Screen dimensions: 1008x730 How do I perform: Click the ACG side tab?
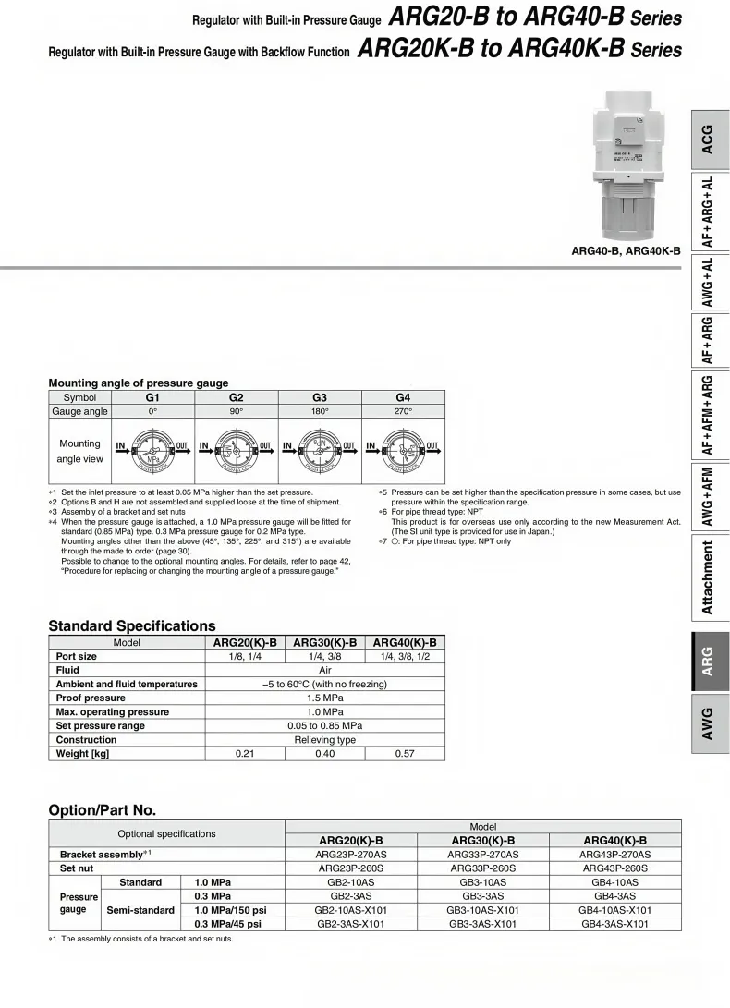(707, 140)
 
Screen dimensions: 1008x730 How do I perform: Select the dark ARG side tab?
(707, 662)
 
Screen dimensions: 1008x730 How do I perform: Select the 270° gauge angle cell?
(403, 411)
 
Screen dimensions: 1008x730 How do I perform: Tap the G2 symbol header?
(236, 397)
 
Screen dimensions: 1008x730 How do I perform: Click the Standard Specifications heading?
(131, 626)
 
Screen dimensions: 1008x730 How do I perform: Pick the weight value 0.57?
(405, 754)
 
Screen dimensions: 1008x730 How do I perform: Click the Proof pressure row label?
(91, 698)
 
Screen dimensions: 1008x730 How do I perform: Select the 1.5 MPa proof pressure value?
(324, 698)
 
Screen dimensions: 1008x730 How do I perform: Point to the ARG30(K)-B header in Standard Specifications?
(325, 643)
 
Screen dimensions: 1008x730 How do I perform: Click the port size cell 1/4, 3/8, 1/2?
(405, 657)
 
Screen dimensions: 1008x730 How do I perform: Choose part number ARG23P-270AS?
(351, 855)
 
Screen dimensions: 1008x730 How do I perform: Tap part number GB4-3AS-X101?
(614, 924)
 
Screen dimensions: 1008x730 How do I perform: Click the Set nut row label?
(77, 868)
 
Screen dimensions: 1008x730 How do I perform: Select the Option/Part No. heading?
(102, 810)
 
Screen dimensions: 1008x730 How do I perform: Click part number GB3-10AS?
(482, 882)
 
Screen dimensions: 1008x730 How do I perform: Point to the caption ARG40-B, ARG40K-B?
(626, 250)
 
